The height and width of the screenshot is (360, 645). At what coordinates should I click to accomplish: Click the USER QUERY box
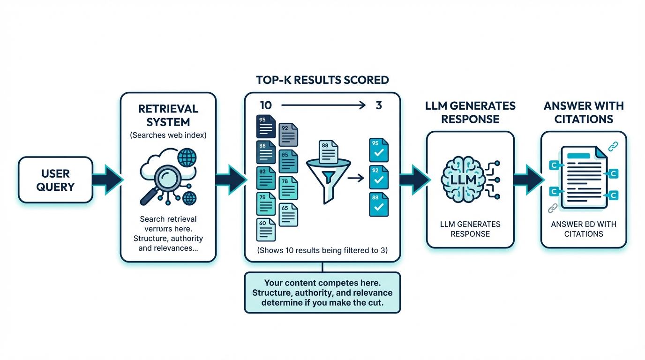(x=55, y=180)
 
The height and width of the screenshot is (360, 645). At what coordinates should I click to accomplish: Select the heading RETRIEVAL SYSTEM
(x=168, y=115)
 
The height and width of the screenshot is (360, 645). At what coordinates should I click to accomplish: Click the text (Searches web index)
(x=168, y=135)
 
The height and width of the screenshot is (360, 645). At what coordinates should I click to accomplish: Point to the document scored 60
(x=266, y=229)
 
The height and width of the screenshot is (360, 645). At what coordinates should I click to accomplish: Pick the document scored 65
(x=288, y=214)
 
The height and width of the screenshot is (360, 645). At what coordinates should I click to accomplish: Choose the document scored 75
(x=266, y=203)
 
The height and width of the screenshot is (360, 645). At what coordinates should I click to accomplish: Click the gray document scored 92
(x=288, y=135)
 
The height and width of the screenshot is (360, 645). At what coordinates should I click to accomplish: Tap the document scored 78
(x=288, y=187)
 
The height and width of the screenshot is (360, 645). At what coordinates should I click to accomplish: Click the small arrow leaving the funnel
(x=356, y=178)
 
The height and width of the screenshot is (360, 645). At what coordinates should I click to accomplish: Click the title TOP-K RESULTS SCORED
(x=322, y=80)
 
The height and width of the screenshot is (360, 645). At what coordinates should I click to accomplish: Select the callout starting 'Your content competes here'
(x=322, y=292)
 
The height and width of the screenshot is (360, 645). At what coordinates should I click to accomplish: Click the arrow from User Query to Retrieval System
(x=106, y=180)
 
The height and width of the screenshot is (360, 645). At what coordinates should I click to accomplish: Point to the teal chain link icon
(x=613, y=147)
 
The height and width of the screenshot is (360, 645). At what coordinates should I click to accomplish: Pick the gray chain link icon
(x=553, y=208)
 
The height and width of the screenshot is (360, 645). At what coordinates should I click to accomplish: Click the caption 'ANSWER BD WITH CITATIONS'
(x=584, y=229)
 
